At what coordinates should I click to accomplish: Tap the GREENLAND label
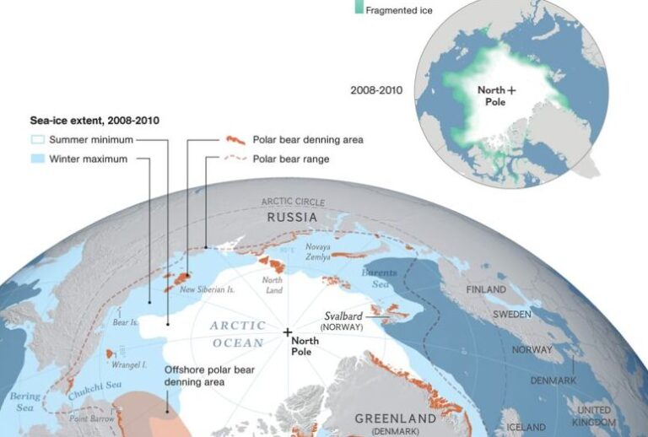point(396,418)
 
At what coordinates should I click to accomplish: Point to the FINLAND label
point(486,289)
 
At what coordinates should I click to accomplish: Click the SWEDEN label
point(512,314)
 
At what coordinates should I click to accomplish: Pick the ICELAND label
point(524,427)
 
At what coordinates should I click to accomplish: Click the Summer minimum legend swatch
point(36,140)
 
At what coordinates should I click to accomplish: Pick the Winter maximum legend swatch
point(36,159)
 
